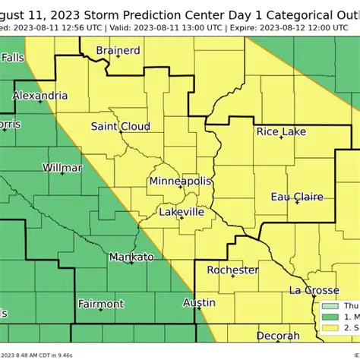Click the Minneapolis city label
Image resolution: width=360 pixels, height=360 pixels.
click(x=180, y=182)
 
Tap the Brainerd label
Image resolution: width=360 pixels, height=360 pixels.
click(x=118, y=51)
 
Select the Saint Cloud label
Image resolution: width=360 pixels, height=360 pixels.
click(x=120, y=127)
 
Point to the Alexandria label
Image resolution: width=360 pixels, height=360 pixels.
click(x=40, y=96)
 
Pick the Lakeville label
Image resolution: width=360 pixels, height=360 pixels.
click(x=182, y=212)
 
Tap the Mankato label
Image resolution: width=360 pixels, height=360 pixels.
click(x=131, y=257)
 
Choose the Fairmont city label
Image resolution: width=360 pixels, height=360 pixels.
click(x=101, y=304)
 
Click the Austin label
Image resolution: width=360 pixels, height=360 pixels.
click(x=199, y=302)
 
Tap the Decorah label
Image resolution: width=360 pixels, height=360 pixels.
click(x=277, y=336)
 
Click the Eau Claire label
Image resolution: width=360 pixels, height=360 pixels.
click(x=297, y=197)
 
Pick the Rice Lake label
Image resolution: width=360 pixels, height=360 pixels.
click(x=281, y=132)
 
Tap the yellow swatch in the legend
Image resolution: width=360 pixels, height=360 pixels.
click(x=328, y=328)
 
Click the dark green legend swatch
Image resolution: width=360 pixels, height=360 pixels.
click(x=328, y=317)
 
